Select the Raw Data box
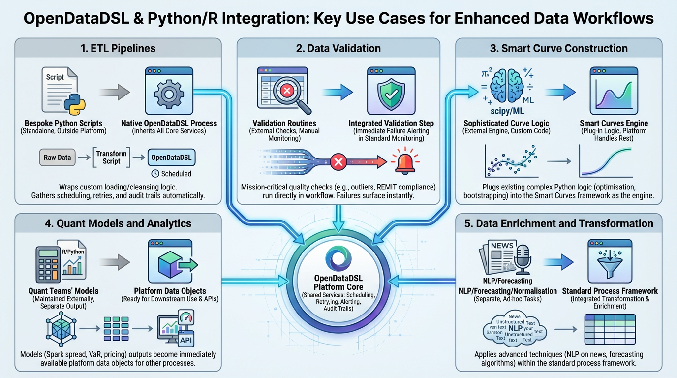tap(58, 157)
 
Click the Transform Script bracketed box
tap(112, 157)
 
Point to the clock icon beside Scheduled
tap(155, 174)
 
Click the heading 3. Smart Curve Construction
tap(558, 48)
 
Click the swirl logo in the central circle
tap(338, 260)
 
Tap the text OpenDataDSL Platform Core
tap(338, 283)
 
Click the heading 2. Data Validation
tap(338, 48)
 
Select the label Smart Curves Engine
tap(614, 123)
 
